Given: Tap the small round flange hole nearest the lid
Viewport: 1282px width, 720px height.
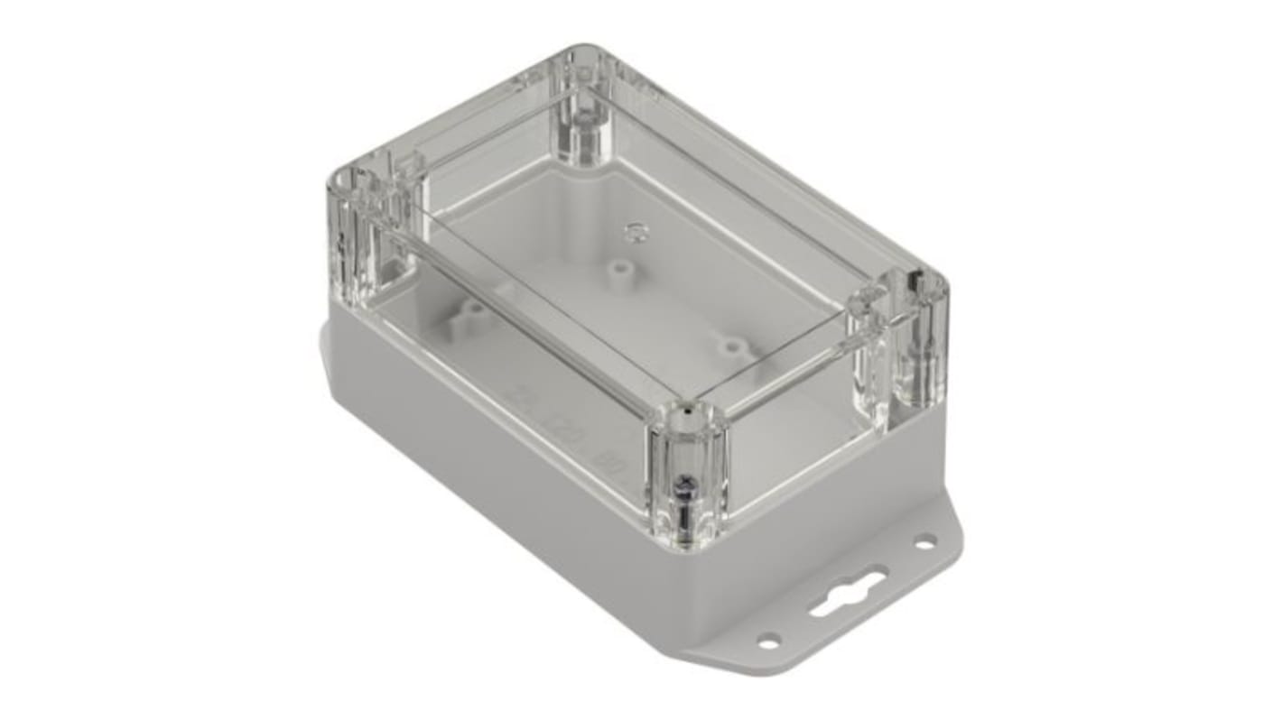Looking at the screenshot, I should [924, 542].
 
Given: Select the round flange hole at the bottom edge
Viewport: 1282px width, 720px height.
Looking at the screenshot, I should [768, 642].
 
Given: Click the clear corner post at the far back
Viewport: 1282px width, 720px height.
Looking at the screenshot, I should [585, 113].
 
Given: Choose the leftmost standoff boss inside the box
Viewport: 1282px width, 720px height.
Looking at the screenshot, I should [471, 311].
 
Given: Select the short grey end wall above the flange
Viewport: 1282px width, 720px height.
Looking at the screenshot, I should [831, 505].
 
